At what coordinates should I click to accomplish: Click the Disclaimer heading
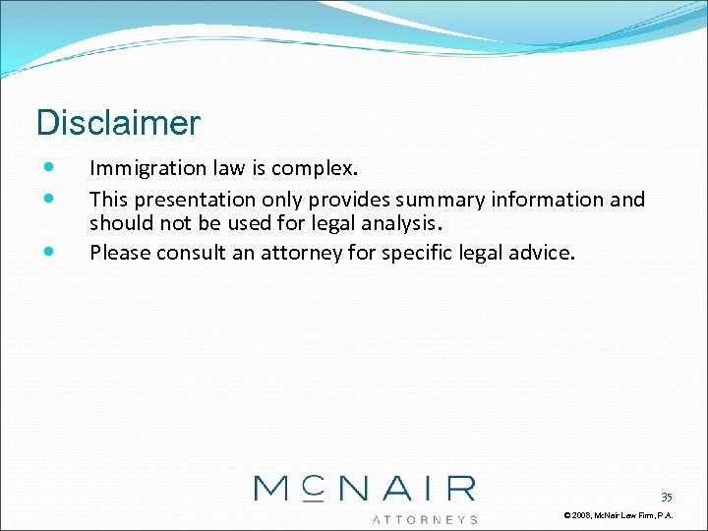click(x=118, y=124)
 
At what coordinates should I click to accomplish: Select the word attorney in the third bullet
click(x=301, y=253)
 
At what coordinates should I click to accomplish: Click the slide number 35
click(x=666, y=498)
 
